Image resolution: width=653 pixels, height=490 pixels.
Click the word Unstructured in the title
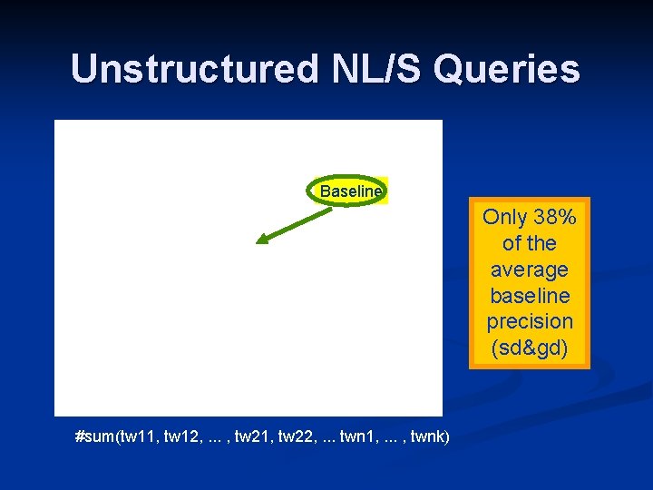pyautogui.click(x=186, y=70)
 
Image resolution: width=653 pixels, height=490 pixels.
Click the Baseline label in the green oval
pyautogui.click(x=351, y=191)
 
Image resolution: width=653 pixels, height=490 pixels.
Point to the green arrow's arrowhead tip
pyautogui.click(x=258, y=243)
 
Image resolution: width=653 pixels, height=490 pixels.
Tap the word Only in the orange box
pyautogui.click(x=504, y=217)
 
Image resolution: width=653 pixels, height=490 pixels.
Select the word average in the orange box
pyautogui.click(x=530, y=269)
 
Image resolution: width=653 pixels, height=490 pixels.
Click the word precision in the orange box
pyautogui.click(x=530, y=322)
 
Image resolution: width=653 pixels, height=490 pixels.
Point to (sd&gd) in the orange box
pyautogui.click(x=530, y=348)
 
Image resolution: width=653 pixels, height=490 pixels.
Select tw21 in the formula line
pyautogui.click(x=255, y=437)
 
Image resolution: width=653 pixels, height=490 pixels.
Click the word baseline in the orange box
pyautogui.click(x=530, y=296)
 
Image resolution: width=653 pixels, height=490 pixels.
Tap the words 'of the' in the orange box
pyautogui.click(x=530, y=243)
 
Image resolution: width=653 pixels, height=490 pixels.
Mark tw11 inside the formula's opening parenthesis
pyautogui.click(x=137, y=437)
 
